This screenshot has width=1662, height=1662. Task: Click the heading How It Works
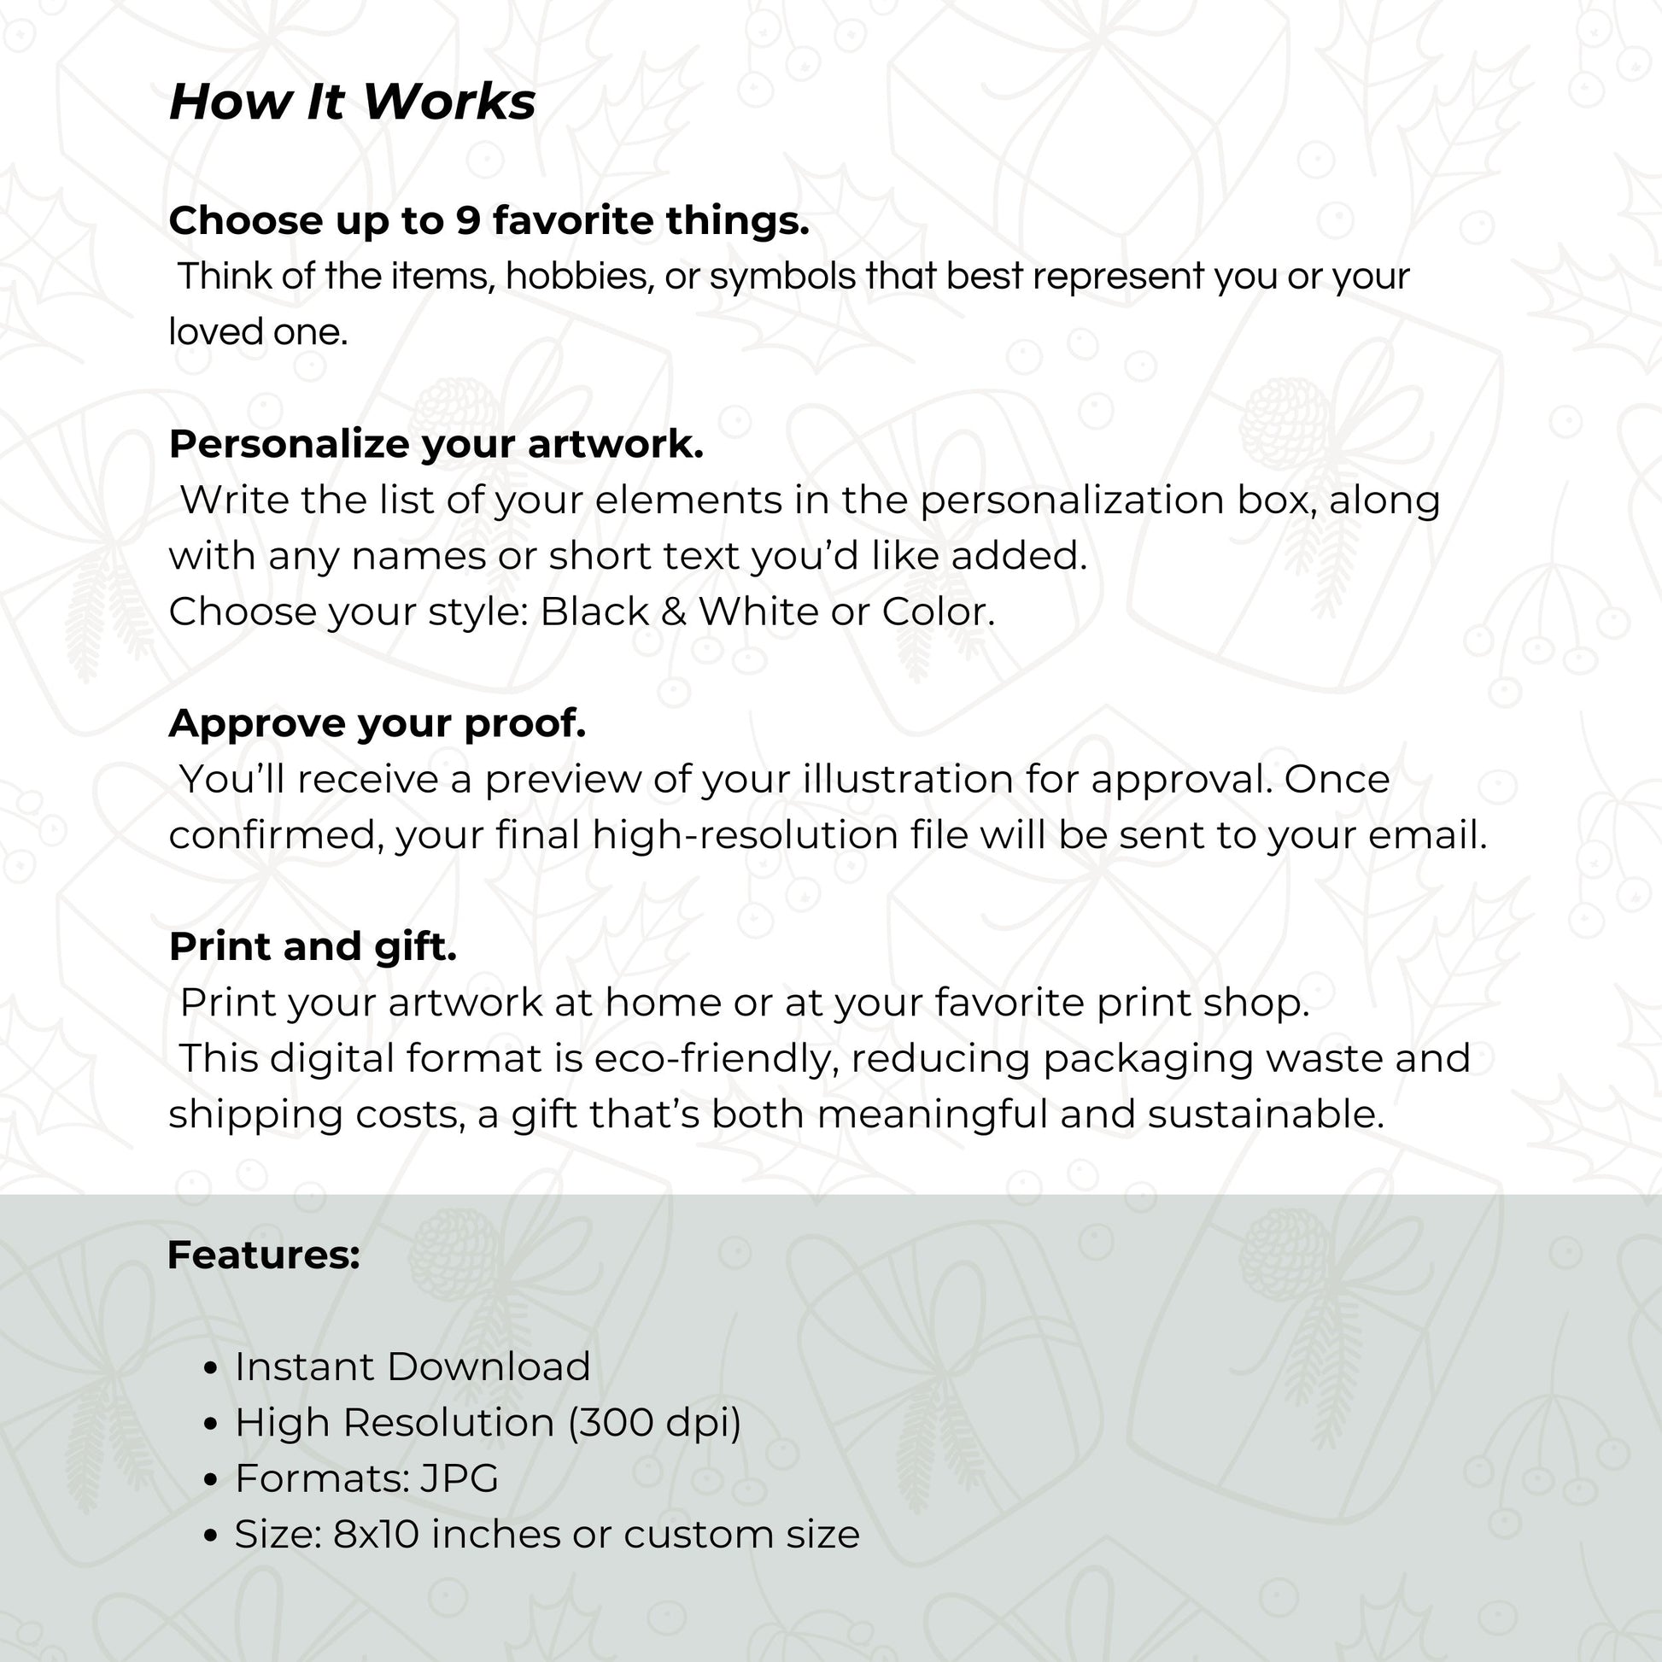352,102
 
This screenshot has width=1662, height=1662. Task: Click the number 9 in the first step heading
467,221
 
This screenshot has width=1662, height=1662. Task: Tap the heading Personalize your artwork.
436,444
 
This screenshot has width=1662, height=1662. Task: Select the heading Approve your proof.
377,723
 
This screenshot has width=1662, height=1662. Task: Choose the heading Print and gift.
313,946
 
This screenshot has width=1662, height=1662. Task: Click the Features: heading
263,1255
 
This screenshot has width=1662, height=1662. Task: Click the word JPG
459,1478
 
